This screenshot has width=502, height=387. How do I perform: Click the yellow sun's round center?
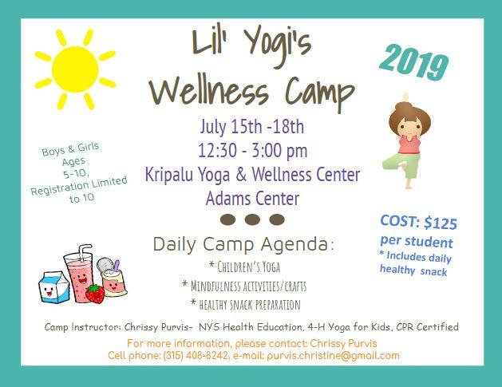pyautogui.click(x=75, y=69)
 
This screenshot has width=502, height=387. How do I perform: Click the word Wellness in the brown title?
pyautogui.click(x=209, y=90)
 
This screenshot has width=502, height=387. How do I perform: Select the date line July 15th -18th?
pyautogui.click(x=252, y=126)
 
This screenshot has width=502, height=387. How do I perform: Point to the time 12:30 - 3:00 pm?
pyautogui.click(x=253, y=151)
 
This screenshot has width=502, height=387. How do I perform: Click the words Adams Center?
pyautogui.click(x=252, y=199)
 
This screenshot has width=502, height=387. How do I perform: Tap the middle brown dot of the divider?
pyautogui.click(x=252, y=219)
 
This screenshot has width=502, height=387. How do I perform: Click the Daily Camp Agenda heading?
pyautogui.click(x=243, y=244)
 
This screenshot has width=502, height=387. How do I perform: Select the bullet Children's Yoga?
pyautogui.click(x=244, y=267)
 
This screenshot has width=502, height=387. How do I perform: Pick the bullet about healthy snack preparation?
pyautogui.click(x=245, y=304)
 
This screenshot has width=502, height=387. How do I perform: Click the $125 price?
pyautogui.click(x=441, y=223)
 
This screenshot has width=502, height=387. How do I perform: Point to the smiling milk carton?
pyautogui.click(x=53, y=287)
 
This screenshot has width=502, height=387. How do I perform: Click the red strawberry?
pyautogui.click(x=95, y=294)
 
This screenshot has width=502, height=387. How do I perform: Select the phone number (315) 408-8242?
pyautogui.click(x=196, y=356)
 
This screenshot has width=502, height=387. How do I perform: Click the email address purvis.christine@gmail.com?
pyautogui.click(x=333, y=356)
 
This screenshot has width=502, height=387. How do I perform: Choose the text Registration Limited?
pyautogui.click(x=79, y=186)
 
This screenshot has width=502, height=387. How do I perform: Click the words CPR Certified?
pyautogui.click(x=427, y=327)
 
